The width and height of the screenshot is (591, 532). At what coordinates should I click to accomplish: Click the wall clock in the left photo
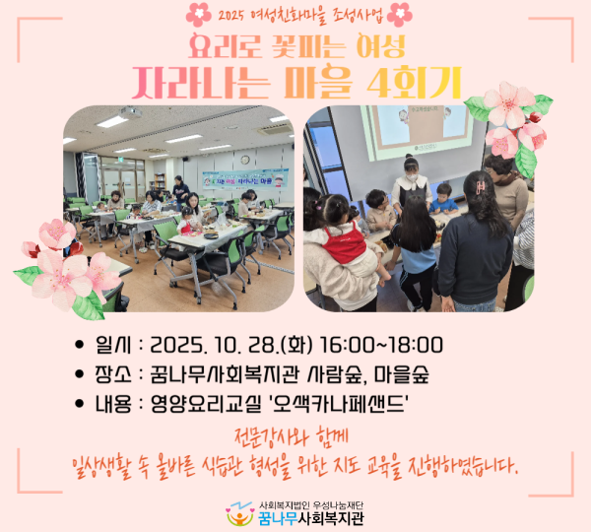click(x=244, y=159)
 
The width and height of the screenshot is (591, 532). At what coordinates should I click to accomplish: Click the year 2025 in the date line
click(x=179, y=346)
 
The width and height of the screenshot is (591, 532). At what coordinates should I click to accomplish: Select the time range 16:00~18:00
click(x=379, y=346)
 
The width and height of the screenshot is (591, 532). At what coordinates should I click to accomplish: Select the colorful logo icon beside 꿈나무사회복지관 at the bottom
click(x=239, y=514)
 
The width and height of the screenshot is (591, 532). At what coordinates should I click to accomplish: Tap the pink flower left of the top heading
click(x=198, y=15)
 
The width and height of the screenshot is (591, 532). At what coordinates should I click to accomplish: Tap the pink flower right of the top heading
click(x=400, y=15)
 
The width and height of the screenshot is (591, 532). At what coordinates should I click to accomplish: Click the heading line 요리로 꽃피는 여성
click(x=297, y=45)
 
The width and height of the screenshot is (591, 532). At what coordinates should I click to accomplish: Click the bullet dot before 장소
click(x=80, y=375)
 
